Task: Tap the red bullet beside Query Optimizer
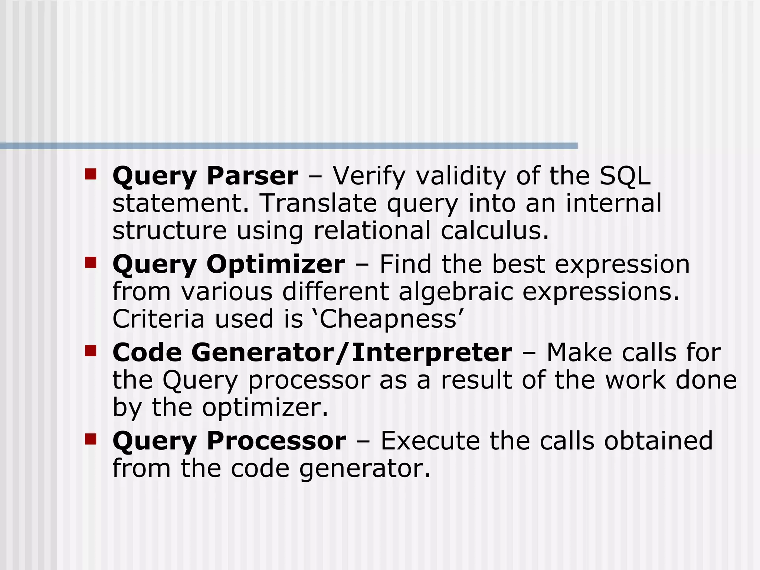(x=91, y=262)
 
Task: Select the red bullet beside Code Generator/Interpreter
(x=91, y=351)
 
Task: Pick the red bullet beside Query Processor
(x=91, y=439)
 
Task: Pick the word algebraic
(x=456, y=292)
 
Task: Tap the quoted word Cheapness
(x=388, y=319)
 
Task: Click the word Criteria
(x=158, y=319)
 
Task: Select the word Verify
(x=369, y=176)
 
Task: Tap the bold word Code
(x=147, y=353)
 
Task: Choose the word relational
(x=372, y=230)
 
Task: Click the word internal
(x=613, y=203)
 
